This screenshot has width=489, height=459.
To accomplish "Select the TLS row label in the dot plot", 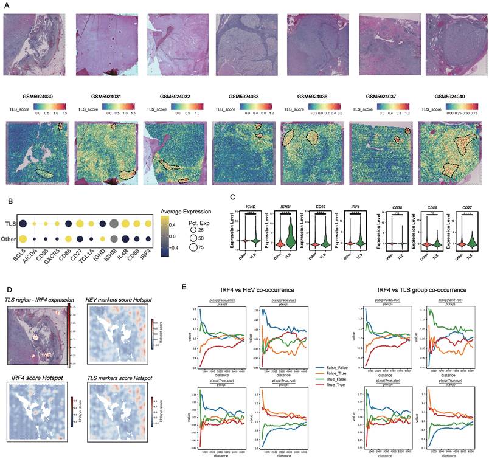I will (9, 224).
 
